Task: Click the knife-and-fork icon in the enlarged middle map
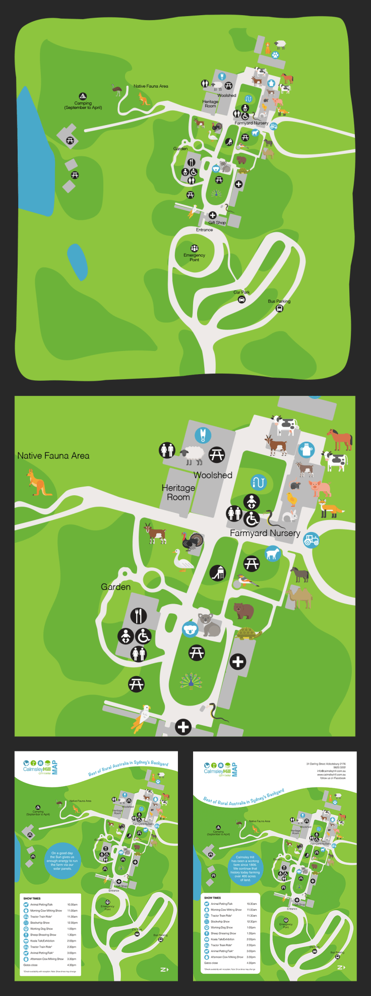(139, 615)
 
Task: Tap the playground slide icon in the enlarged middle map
(217, 572)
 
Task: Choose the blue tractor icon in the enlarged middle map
(311, 540)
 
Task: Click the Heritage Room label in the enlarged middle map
(178, 492)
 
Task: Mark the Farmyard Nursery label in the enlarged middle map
(265, 533)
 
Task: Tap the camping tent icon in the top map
(83, 96)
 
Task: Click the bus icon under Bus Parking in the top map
(279, 308)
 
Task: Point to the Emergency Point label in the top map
(194, 257)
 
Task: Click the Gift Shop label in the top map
(217, 222)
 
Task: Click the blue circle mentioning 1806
(245, 868)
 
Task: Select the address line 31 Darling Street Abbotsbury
(326, 764)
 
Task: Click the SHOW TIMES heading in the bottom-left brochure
(32, 898)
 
